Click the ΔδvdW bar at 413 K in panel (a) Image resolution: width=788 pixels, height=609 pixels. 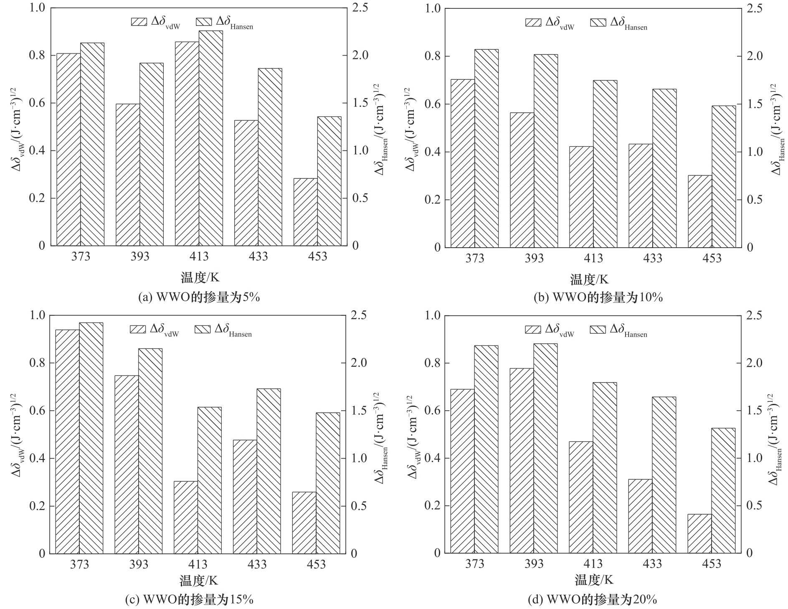187,144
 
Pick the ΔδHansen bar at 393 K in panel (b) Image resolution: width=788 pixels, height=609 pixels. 546,150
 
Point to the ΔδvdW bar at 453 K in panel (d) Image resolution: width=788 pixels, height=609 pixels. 699,533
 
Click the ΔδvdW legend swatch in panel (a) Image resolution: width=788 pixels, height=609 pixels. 139,22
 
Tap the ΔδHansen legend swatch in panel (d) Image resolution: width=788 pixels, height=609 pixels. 598,330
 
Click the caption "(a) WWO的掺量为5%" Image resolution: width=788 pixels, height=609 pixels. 199,297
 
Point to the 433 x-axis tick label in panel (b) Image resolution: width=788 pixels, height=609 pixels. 652,259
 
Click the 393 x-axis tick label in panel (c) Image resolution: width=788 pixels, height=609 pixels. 139,565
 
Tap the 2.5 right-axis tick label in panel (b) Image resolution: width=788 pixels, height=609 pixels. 754,8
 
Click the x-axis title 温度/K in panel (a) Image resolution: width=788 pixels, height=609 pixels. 200,277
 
